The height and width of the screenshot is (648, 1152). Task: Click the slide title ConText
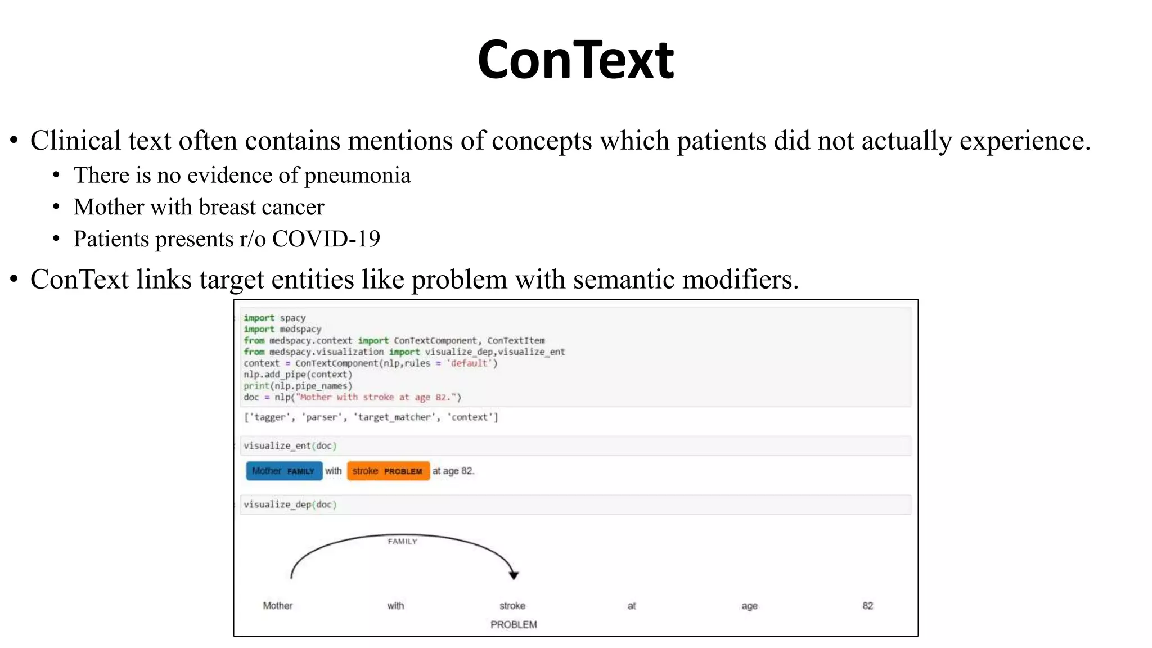[575, 60]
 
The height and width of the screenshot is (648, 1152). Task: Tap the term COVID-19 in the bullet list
[326, 239]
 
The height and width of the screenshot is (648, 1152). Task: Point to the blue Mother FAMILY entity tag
[284, 471]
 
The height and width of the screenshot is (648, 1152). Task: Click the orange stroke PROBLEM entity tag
[388, 471]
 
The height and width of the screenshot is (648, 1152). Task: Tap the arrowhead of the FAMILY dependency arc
[514, 575]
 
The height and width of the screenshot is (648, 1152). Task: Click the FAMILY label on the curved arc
[402, 542]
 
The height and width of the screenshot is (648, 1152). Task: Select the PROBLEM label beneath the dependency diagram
[514, 624]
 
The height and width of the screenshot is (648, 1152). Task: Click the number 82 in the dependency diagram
[867, 606]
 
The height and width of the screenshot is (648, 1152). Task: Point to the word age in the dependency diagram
[749, 606]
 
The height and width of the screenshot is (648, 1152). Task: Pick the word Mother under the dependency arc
[277, 606]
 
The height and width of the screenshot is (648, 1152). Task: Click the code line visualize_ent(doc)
[290, 445]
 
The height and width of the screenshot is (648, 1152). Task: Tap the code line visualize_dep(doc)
[290, 505]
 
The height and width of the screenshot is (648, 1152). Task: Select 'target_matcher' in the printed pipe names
[395, 417]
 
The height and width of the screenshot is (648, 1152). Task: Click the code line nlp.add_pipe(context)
[298, 375]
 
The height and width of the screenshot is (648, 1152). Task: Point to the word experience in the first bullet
[1024, 141]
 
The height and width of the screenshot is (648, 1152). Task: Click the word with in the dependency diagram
[395, 606]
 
